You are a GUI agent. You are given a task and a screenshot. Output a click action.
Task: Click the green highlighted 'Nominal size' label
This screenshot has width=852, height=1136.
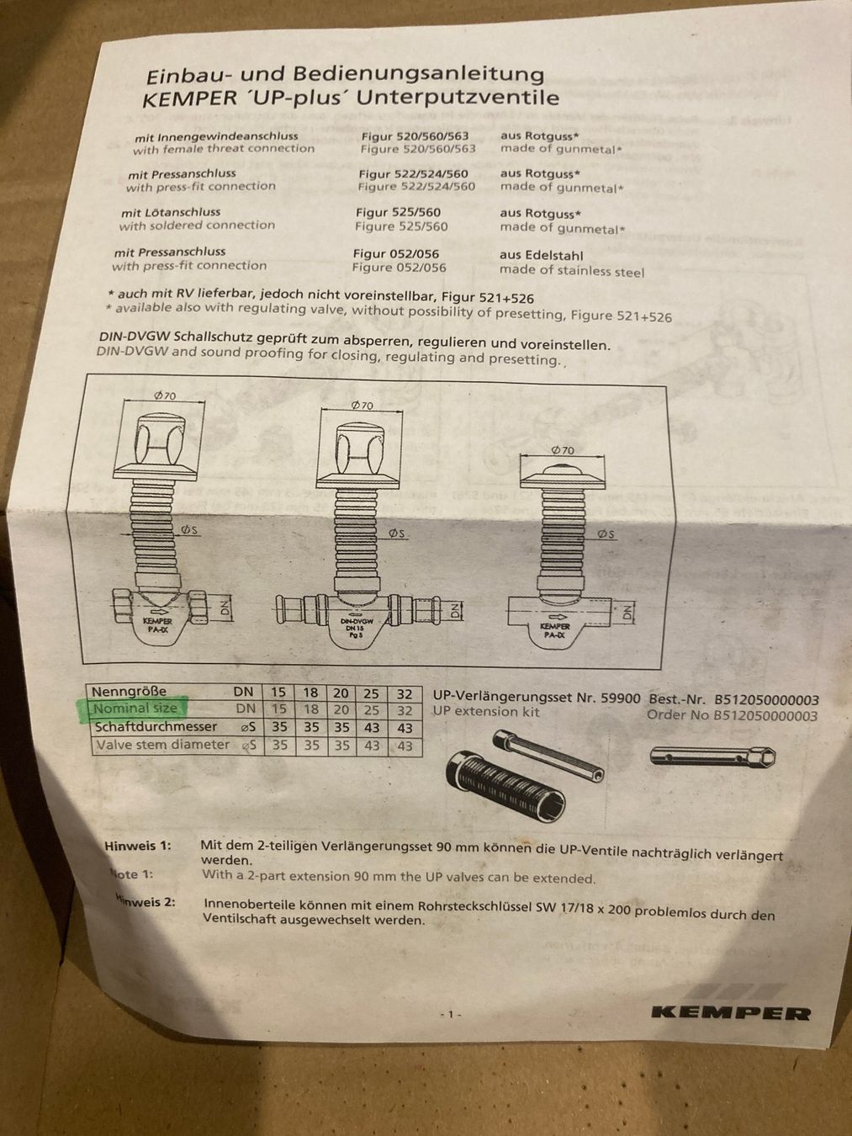pos(135,708)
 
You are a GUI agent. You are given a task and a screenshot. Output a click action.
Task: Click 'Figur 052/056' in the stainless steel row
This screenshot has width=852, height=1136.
pos(396,254)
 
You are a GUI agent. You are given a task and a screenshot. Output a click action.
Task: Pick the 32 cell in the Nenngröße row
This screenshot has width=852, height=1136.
pos(405,693)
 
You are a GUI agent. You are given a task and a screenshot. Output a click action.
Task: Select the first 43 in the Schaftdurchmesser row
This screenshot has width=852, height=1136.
pos(372,728)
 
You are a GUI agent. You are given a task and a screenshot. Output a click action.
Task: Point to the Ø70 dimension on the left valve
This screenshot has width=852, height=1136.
pos(165,396)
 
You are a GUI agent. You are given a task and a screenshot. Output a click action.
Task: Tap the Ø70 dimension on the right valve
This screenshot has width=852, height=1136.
pos(563,450)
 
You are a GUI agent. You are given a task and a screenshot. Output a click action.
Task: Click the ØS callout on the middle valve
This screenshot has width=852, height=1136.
pos(397,533)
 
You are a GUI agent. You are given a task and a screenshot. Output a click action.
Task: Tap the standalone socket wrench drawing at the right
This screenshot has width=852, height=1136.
pos(712,757)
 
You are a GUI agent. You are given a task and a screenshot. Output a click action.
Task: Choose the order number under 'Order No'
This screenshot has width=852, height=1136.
pos(765,716)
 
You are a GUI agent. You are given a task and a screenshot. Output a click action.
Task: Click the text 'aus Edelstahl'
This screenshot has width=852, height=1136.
pos(541,256)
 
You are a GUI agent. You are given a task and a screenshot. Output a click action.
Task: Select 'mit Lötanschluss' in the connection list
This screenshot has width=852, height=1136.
pos(171,212)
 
